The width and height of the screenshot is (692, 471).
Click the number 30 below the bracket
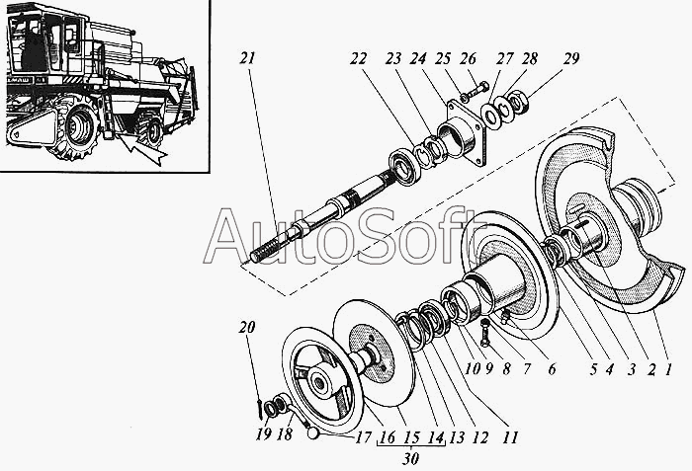click(x=409, y=457)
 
